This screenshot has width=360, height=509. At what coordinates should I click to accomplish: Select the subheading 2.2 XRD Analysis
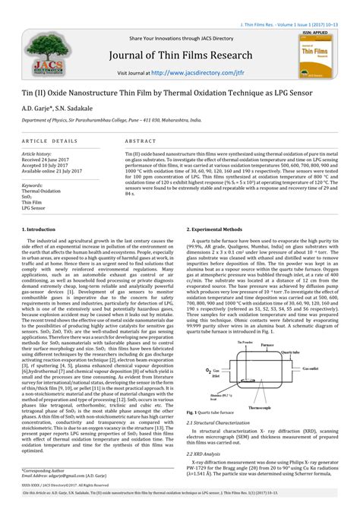click(x=213, y=454)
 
